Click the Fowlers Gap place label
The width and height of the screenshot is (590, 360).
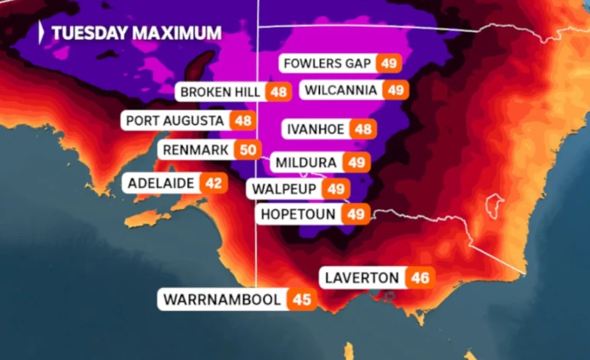(328, 63)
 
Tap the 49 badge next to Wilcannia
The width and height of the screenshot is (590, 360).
(394, 90)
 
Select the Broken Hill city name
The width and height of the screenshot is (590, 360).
(221, 93)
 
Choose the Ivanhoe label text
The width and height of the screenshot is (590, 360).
(317, 129)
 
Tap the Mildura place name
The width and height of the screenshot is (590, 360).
(305, 162)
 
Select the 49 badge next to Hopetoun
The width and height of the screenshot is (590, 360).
(355, 214)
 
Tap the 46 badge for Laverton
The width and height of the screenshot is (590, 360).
(419, 277)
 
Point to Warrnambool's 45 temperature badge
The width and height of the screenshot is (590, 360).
(302, 299)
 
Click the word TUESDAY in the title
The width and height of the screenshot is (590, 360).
(90, 33)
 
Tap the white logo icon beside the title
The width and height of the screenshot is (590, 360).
(41, 32)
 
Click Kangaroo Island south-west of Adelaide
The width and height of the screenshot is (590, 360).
(147, 219)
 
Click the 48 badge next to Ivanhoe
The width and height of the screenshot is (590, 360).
(364, 129)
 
